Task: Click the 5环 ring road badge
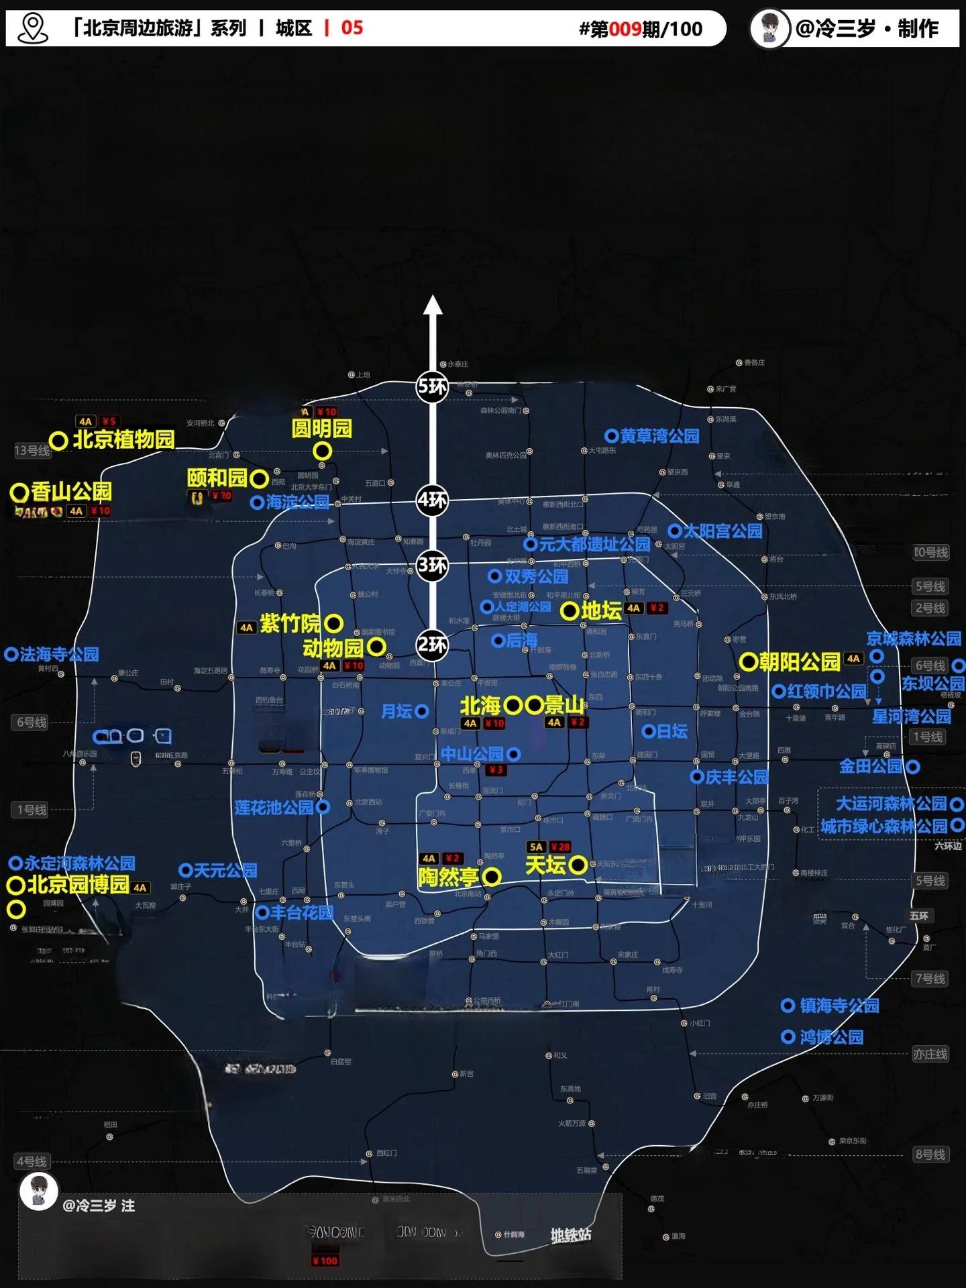click(432, 386)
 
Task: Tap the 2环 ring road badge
click(432, 645)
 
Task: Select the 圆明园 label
click(322, 429)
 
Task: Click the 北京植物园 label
click(123, 439)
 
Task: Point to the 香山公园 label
click(71, 492)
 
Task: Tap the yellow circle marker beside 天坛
click(578, 865)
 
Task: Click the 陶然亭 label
click(449, 877)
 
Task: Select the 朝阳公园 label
click(800, 662)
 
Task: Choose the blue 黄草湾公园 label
click(659, 436)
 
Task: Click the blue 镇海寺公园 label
click(839, 1006)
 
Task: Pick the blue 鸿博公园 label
click(832, 1037)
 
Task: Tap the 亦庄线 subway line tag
click(930, 1054)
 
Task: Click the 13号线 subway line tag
click(32, 451)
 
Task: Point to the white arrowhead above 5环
click(433, 305)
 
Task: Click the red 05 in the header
click(352, 28)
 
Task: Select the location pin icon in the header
click(33, 28)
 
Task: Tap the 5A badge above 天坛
click(536, 847)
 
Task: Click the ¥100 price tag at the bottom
click(325, 1260)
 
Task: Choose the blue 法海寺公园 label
click(59, 654)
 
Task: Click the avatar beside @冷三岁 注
click(38, 1191)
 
